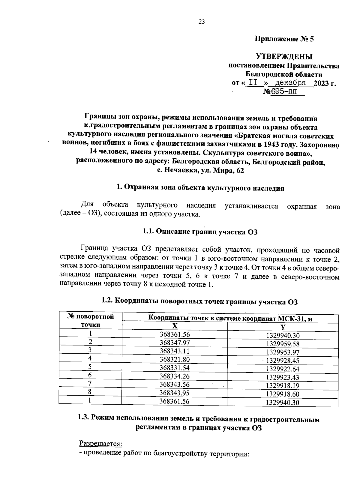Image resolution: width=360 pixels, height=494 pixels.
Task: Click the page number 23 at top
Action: point(201,21)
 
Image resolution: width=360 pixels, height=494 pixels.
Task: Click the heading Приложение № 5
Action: point(284,39)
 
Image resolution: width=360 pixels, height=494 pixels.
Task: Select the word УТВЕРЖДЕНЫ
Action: point(284,56)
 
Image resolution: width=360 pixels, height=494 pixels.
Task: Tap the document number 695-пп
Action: point(283,91)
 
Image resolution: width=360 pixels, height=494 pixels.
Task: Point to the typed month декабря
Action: point(291,82)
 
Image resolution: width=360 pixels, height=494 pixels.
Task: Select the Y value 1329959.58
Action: point(283,344)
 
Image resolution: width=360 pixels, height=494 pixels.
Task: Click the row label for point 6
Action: point(90,375)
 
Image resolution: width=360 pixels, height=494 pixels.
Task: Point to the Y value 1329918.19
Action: point(283,386)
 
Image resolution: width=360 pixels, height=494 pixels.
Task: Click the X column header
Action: point(175,326)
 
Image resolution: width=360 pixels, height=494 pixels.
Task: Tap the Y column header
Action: point(283,327)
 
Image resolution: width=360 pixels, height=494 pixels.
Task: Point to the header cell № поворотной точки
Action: point(91,321)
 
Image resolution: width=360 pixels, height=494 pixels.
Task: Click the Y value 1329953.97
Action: point(283,352)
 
